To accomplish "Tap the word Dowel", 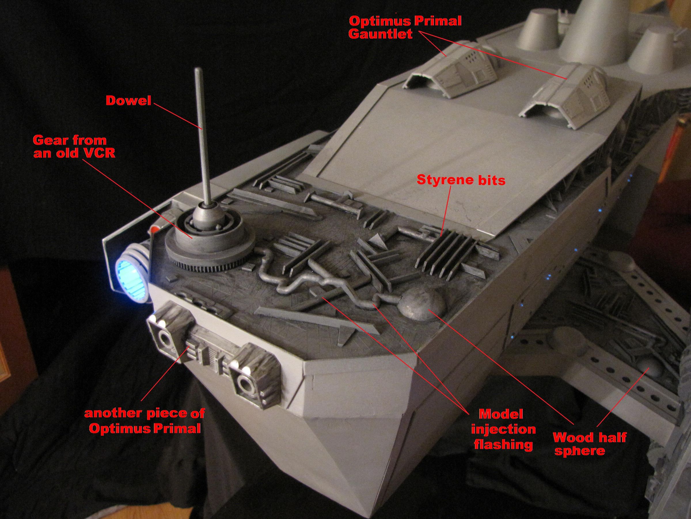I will coord(128,101).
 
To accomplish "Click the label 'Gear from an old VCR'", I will coord(74,147).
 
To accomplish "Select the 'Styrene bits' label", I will coord(461,181).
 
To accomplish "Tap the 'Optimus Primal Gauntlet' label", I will coord(405,27).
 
